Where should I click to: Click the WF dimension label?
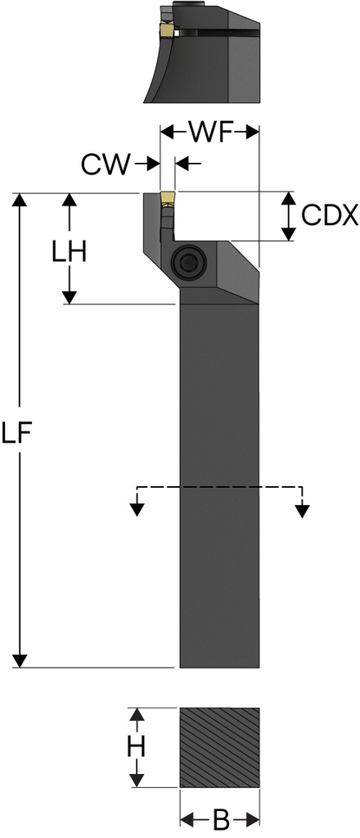tap(209, 131)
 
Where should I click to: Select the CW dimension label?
tap(105, 164)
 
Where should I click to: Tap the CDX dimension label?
tap(329, 215)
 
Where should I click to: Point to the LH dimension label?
tap(68, 252)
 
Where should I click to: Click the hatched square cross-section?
tap(219, 747)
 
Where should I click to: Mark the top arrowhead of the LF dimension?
tap(21, 201)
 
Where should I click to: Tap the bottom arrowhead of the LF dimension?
tap(21, 660)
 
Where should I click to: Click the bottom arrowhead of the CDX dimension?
tap(288, 234)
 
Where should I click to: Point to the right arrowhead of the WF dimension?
tap(252, 131)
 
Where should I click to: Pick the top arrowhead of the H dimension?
tap(138, 715)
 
